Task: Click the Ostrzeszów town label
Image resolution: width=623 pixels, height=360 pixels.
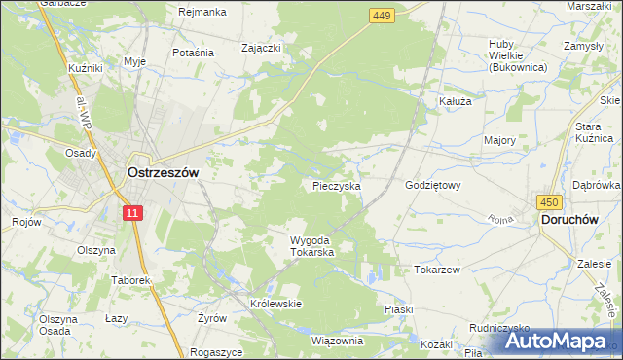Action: (163, 172)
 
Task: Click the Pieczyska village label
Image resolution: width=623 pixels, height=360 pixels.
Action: (337, 185)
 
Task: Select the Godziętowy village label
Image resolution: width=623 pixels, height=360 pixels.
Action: (431, 185)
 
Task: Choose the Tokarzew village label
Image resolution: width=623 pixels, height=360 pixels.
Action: (436, 270)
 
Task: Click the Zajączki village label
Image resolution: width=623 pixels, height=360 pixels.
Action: (262, 47)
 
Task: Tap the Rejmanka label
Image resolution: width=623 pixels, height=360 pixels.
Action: (202, 12)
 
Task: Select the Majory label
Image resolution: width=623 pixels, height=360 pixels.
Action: (499, 140)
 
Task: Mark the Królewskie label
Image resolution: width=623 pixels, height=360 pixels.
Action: (276, 304)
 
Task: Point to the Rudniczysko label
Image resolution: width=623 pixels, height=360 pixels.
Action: (498, 329)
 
